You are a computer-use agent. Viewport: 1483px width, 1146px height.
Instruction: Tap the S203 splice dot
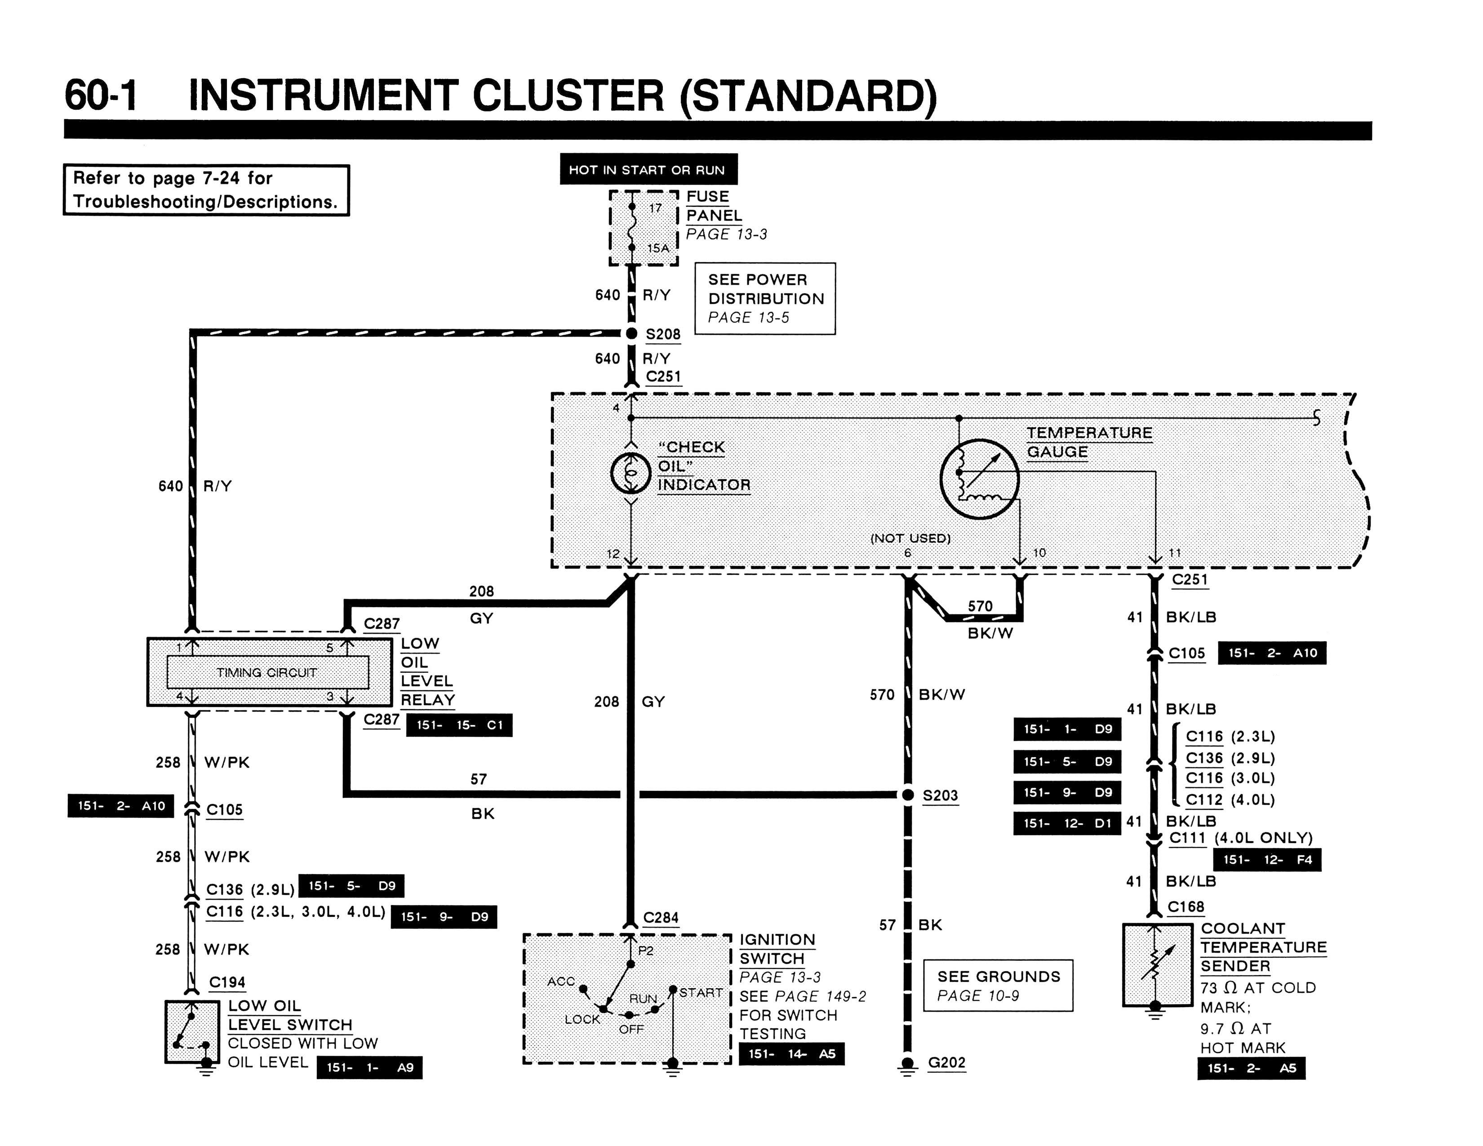pos(908,794)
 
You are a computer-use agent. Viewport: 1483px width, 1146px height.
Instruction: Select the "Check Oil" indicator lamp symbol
pos(631,473)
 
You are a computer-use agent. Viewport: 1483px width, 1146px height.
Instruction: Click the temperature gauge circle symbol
pos(979,480)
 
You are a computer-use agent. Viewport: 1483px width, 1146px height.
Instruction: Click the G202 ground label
pos(946,1062)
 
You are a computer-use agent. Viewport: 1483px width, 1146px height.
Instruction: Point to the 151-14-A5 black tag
pos(792,1054)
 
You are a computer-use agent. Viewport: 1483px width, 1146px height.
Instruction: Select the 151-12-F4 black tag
pos(1267,859)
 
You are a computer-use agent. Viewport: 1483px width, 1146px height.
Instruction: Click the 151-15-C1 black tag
pos(460,725)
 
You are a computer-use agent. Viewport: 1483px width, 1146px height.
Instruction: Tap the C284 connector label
pos(661,918)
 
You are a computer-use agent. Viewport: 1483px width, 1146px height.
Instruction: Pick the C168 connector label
pos(1186,907)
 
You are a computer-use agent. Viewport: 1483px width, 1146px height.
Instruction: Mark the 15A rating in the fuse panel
pos(658,249)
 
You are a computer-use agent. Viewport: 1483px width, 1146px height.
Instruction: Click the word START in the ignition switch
pos(701,993)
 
